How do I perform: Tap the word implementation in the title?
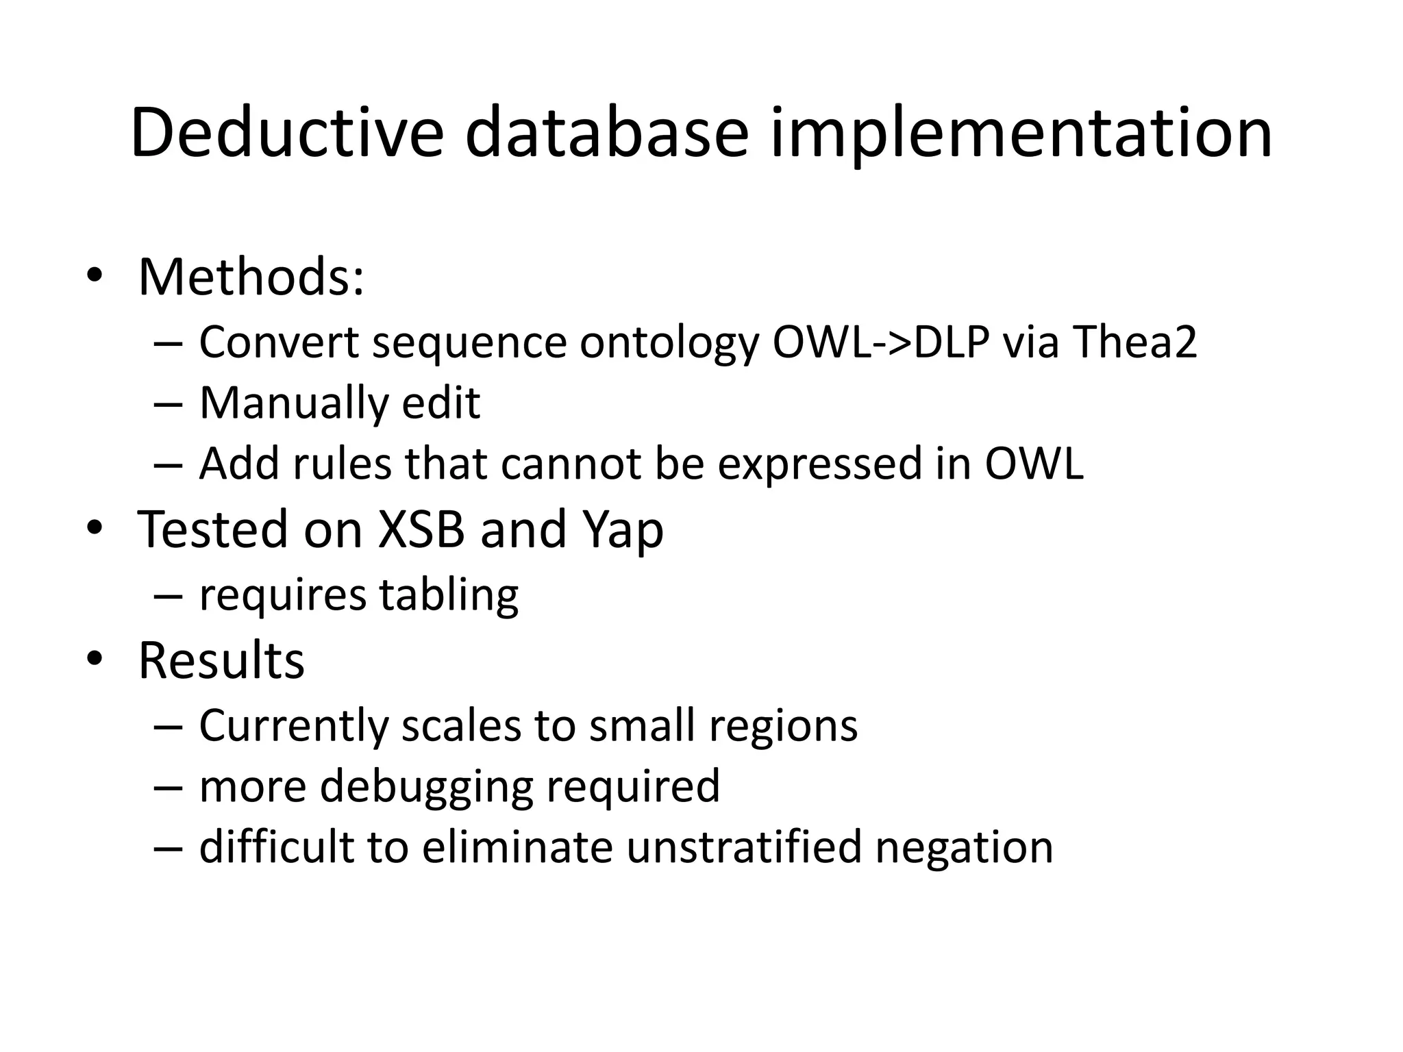(x=1021, y=134)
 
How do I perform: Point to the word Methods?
(x=251, y=277)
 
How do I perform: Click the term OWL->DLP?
(x=881, y=342)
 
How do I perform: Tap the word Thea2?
(x=1134, y=342)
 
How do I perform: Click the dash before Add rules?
(x=168, y=465)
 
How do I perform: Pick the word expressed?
(x=819, y=465)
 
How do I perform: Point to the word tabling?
(x=449, y=595)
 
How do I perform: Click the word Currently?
(x=293, y=725)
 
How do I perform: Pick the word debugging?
(x=425, y=787)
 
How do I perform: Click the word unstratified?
(x=743, y=847)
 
